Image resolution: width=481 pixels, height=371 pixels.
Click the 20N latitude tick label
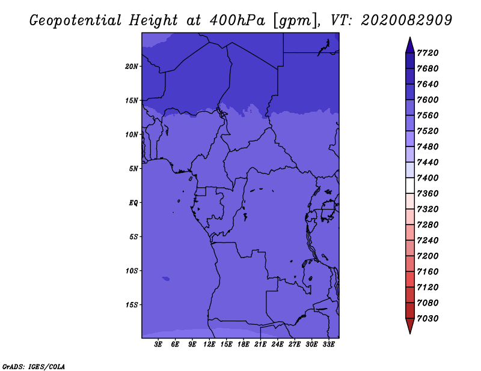pos(132,66)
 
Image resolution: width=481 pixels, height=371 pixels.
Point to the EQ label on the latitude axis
pos(133,203)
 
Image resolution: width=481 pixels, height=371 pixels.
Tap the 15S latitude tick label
pos(132,305)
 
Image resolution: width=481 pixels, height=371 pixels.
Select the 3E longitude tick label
pos(159,345)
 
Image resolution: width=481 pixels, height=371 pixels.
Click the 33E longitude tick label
pos(328,345)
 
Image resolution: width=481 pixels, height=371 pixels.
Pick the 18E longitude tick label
pos(244,345)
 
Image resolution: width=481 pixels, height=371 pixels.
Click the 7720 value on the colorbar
pos(430,53)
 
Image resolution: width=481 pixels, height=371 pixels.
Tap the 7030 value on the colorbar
pos(430,319)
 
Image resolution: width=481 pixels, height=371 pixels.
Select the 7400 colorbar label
pos(430,178)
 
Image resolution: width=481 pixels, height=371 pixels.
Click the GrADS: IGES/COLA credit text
pos(34,366)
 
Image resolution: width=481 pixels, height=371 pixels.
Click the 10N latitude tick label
pos(132,134)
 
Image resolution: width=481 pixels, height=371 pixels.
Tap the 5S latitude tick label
pos(133,237)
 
